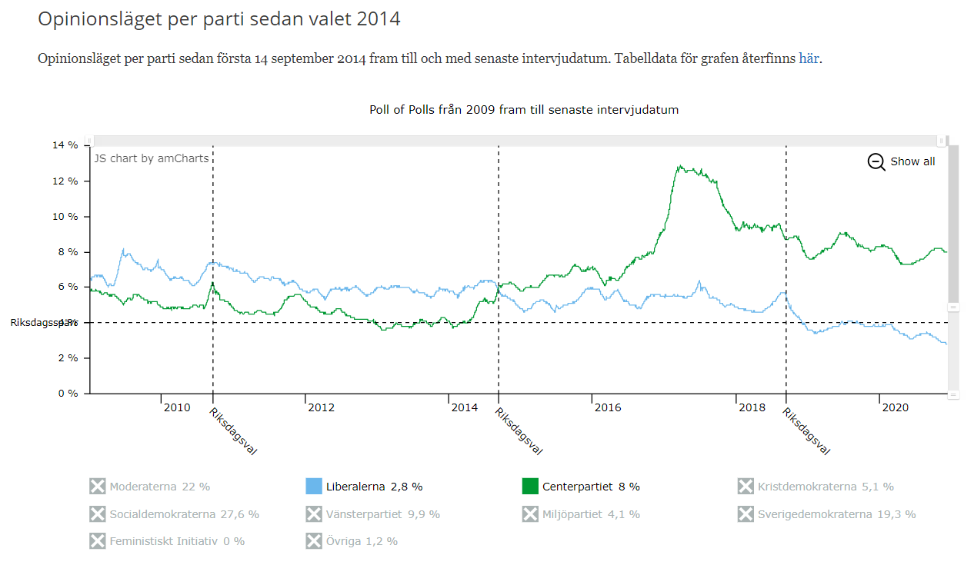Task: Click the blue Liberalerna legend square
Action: coord(313,487)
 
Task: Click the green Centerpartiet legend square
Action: coord(530,487)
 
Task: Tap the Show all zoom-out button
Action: coord(902,161)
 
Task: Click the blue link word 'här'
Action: coord(809,58)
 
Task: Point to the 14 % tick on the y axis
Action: coord(65,145)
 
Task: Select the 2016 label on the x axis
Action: coord(608,407)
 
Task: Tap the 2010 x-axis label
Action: coord(177,407)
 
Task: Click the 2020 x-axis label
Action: coord(896,407)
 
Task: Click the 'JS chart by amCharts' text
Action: coord(151,158)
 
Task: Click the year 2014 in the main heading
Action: coord(379,18)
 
